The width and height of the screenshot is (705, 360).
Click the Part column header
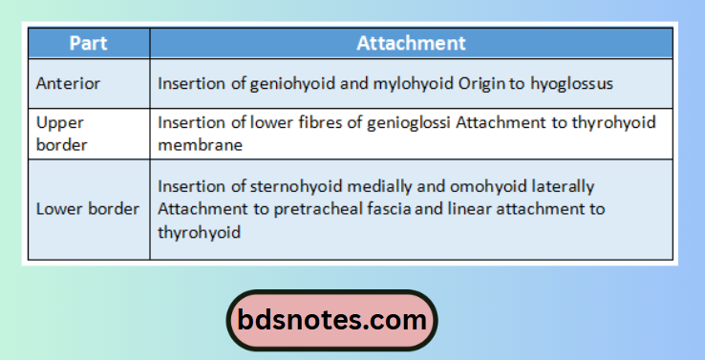point(89,43)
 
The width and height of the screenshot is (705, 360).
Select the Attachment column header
point(411,43)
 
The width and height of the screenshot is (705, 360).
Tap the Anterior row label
point(68,84)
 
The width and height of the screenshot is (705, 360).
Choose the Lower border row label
point(87,209)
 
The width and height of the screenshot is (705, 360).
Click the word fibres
point(308,122)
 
